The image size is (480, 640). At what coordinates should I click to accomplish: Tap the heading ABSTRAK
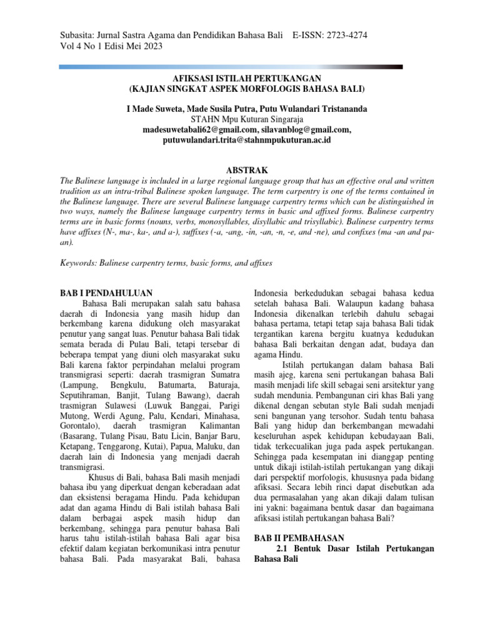[x=246, y=170]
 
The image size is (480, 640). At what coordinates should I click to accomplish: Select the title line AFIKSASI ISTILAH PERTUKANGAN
[x=246, y=77]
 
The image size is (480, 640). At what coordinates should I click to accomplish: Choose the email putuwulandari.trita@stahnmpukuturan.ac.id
[x=246, y=140]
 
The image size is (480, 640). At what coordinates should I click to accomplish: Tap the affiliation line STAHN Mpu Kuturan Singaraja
[x=246, y=119]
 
